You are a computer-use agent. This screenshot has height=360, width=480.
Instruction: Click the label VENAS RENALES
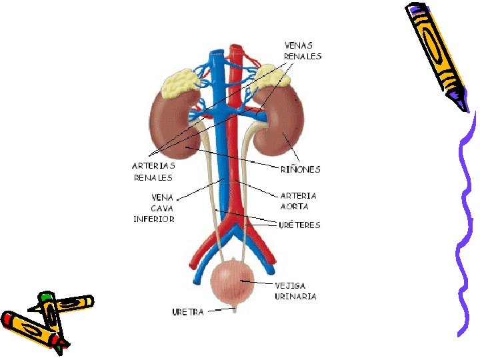tap(302, 51)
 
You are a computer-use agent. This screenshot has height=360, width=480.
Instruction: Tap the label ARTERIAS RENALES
tap(153, 171)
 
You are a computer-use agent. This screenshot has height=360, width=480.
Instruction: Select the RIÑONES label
tap(299, 169)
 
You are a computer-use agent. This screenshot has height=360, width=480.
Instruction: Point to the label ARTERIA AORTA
tap(298, 201)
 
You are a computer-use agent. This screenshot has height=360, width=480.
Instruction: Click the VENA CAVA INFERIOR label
tap(154, 208)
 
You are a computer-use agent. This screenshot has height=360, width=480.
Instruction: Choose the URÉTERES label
tap(299, 225)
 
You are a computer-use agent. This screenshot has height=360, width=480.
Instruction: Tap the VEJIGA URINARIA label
tap(295, 291)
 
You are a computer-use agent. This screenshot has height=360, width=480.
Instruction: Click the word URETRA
tap(189, 311)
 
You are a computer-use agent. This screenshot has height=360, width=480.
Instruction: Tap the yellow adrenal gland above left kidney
tap(183, 83)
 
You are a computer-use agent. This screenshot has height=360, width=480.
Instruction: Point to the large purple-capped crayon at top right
tap(437, 53)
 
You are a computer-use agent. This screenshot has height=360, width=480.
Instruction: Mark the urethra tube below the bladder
tap(234, 308)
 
